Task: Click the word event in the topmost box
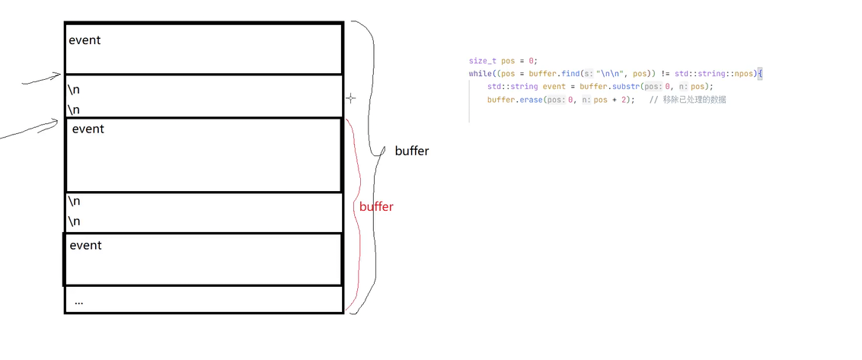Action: pos(85,40)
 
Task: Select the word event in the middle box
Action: pos(88,129)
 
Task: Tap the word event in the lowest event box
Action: pos(85,246)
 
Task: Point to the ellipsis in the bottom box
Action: pos(78,302)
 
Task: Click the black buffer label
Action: pos(411,151)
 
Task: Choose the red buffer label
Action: pos(376,207)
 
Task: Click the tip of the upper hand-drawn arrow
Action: pos(61,75)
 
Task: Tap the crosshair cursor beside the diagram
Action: pos(350,98)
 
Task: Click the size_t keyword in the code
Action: pos(483,60)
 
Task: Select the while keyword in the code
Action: pos(480,74)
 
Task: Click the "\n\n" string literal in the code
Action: pos(608,74)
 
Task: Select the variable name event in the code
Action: pos(554,87)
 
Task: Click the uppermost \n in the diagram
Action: pos(74,89)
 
